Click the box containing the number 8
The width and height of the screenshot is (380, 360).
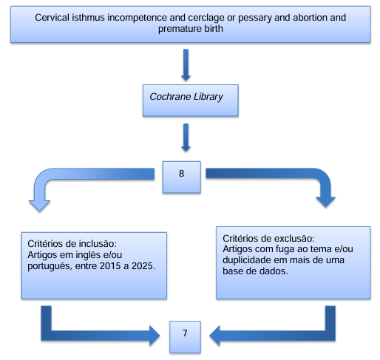point(182,177)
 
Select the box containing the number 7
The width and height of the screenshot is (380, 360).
point(185,337)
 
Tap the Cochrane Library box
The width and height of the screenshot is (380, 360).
point(191,101)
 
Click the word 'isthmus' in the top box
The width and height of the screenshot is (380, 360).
point(88,18)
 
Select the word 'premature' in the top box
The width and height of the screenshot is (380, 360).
point(177,29)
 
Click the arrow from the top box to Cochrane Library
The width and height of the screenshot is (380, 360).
point(186,65)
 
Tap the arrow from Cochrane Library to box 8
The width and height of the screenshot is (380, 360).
point(186,137)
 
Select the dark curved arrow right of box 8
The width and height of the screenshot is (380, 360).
point(296,173)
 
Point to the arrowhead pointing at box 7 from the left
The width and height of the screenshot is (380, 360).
point(155,336)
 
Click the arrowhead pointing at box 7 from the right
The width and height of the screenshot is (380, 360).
point(214,336)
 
